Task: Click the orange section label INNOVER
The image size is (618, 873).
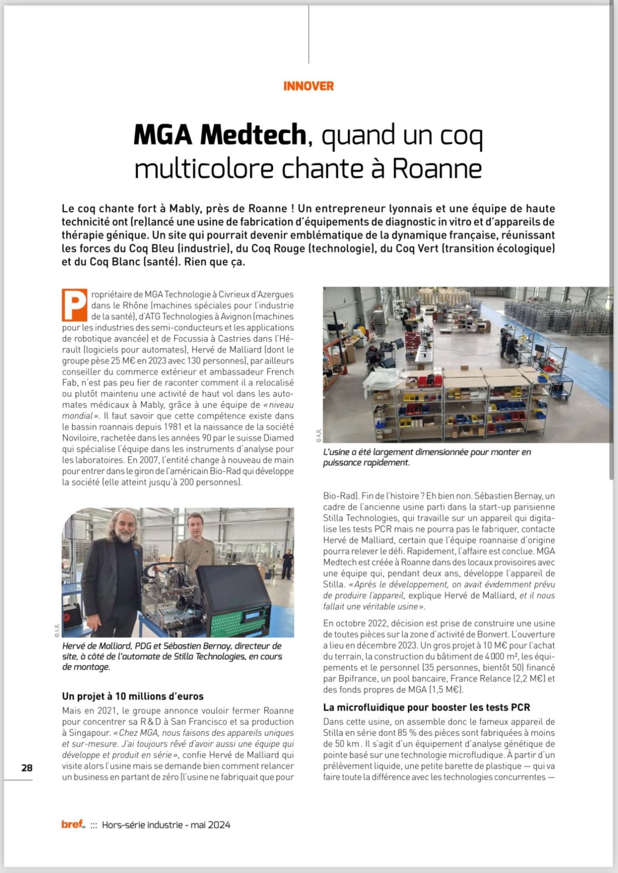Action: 309,86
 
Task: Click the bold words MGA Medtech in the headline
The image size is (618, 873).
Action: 220,135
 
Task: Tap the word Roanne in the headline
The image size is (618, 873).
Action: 436,168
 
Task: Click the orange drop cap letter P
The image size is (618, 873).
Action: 74,305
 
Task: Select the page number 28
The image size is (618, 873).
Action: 27,767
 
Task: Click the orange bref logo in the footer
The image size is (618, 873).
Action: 72,824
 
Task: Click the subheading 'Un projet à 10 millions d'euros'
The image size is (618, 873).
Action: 133,696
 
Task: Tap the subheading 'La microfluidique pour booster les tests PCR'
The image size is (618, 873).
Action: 426,707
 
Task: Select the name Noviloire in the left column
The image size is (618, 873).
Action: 80,438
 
